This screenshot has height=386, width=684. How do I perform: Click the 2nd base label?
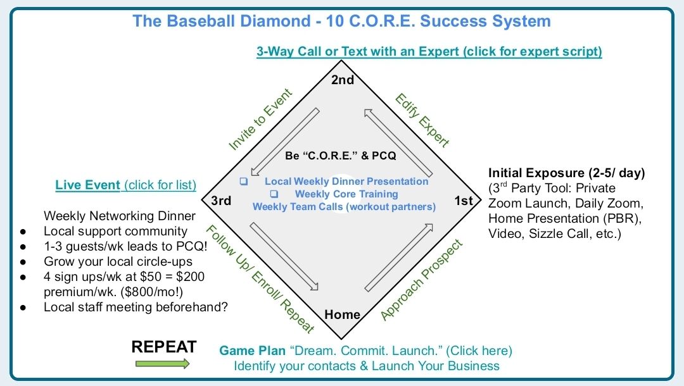[x=343, y=80]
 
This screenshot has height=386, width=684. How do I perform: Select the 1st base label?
[x=464, y=201]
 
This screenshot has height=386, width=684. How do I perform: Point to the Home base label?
[x=343, y=314]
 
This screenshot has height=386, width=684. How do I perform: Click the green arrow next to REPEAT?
[x=162, y=363]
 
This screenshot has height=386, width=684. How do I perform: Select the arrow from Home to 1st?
[x=398, y=258]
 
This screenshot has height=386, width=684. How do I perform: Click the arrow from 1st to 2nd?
[x=398, y=142]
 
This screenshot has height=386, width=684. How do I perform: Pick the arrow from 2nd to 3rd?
[x=284, y=142]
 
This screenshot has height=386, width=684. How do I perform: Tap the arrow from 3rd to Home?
[x=284, y=256]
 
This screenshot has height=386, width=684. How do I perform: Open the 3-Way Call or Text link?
[x=429, y=51]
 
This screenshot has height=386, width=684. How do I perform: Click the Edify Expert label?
[x=422, y=120]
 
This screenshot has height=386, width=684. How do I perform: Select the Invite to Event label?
[x=260, y=120]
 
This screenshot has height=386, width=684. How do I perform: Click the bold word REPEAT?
[x=164, y=347]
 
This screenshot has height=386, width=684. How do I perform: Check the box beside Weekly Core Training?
[x=274, y=194]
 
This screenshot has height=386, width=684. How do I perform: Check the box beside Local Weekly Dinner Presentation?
[x=244, y=182]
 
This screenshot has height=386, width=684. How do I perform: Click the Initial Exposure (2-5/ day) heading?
[x=567, y=173]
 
